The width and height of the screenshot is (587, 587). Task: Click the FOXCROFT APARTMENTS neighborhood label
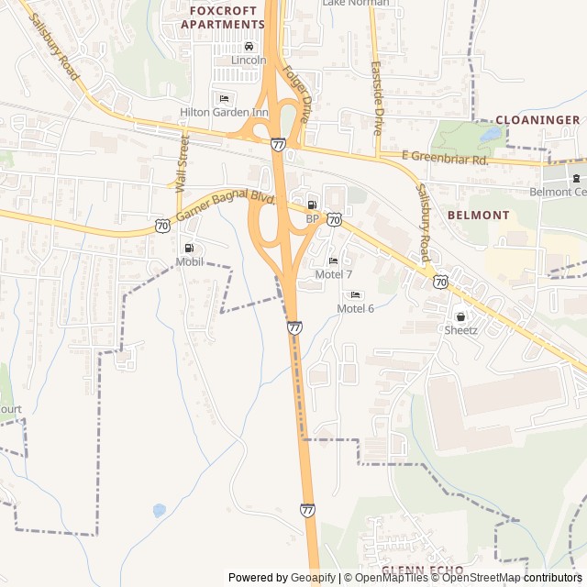[x=222, y=17]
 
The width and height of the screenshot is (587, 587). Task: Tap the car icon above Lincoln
[x=249, y=47]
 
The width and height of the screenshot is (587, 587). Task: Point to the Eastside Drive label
[x=377, y=94]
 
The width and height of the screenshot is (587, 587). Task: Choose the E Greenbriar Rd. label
[x=445, y=159]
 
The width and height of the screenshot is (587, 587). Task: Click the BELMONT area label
[x=478, y=215]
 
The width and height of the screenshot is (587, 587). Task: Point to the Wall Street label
[x=183, y=162]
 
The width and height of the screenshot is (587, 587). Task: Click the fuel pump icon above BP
[x=312, y=205]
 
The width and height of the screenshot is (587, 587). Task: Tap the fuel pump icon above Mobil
[x=189, y=248]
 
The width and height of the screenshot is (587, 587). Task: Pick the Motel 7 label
[x=333, y=274]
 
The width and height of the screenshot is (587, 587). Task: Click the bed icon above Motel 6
[x=355, y=294]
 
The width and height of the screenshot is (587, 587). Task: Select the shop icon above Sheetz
[x=460, y=316]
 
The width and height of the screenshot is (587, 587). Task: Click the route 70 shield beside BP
[x=335, y=219]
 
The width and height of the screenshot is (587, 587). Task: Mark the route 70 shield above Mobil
[x=161, y=225]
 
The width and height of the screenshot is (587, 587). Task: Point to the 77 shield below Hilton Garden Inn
[x=278, y=144]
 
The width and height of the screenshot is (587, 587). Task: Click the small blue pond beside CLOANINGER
[x=490, y=134]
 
